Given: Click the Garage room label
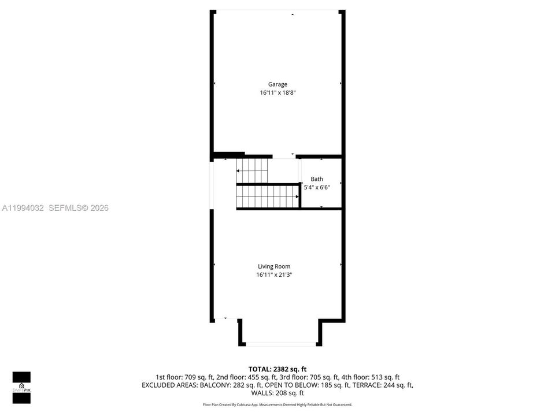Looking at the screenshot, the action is (x=277, y=84).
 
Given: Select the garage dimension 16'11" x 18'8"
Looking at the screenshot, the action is (x=277, y=92).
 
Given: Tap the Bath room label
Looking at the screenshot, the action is (x=317, y=179).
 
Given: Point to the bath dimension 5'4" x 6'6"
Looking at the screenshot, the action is (x=317, y=187).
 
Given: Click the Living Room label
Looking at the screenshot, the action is (x=274, y=266).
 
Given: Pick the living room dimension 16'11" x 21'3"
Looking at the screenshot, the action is (x=274, y=274).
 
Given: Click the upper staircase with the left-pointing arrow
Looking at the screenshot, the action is (x=252, y=171).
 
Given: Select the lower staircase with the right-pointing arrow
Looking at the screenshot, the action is (x=268, y=196).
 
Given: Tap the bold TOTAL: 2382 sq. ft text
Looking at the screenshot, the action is (x=277, y=370).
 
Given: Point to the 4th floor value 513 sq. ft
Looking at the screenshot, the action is (x=385, y=377).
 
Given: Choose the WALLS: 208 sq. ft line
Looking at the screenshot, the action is (x=277, y=393).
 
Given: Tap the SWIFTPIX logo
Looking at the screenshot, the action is (x=21, y=388).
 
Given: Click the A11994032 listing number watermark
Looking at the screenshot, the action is (x=23, y=208).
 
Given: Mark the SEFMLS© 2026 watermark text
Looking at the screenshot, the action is (x=79, y=208).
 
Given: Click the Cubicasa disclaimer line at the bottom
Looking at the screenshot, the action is (x=277, y=404).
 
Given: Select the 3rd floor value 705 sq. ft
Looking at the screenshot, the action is (x=324, y=377).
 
